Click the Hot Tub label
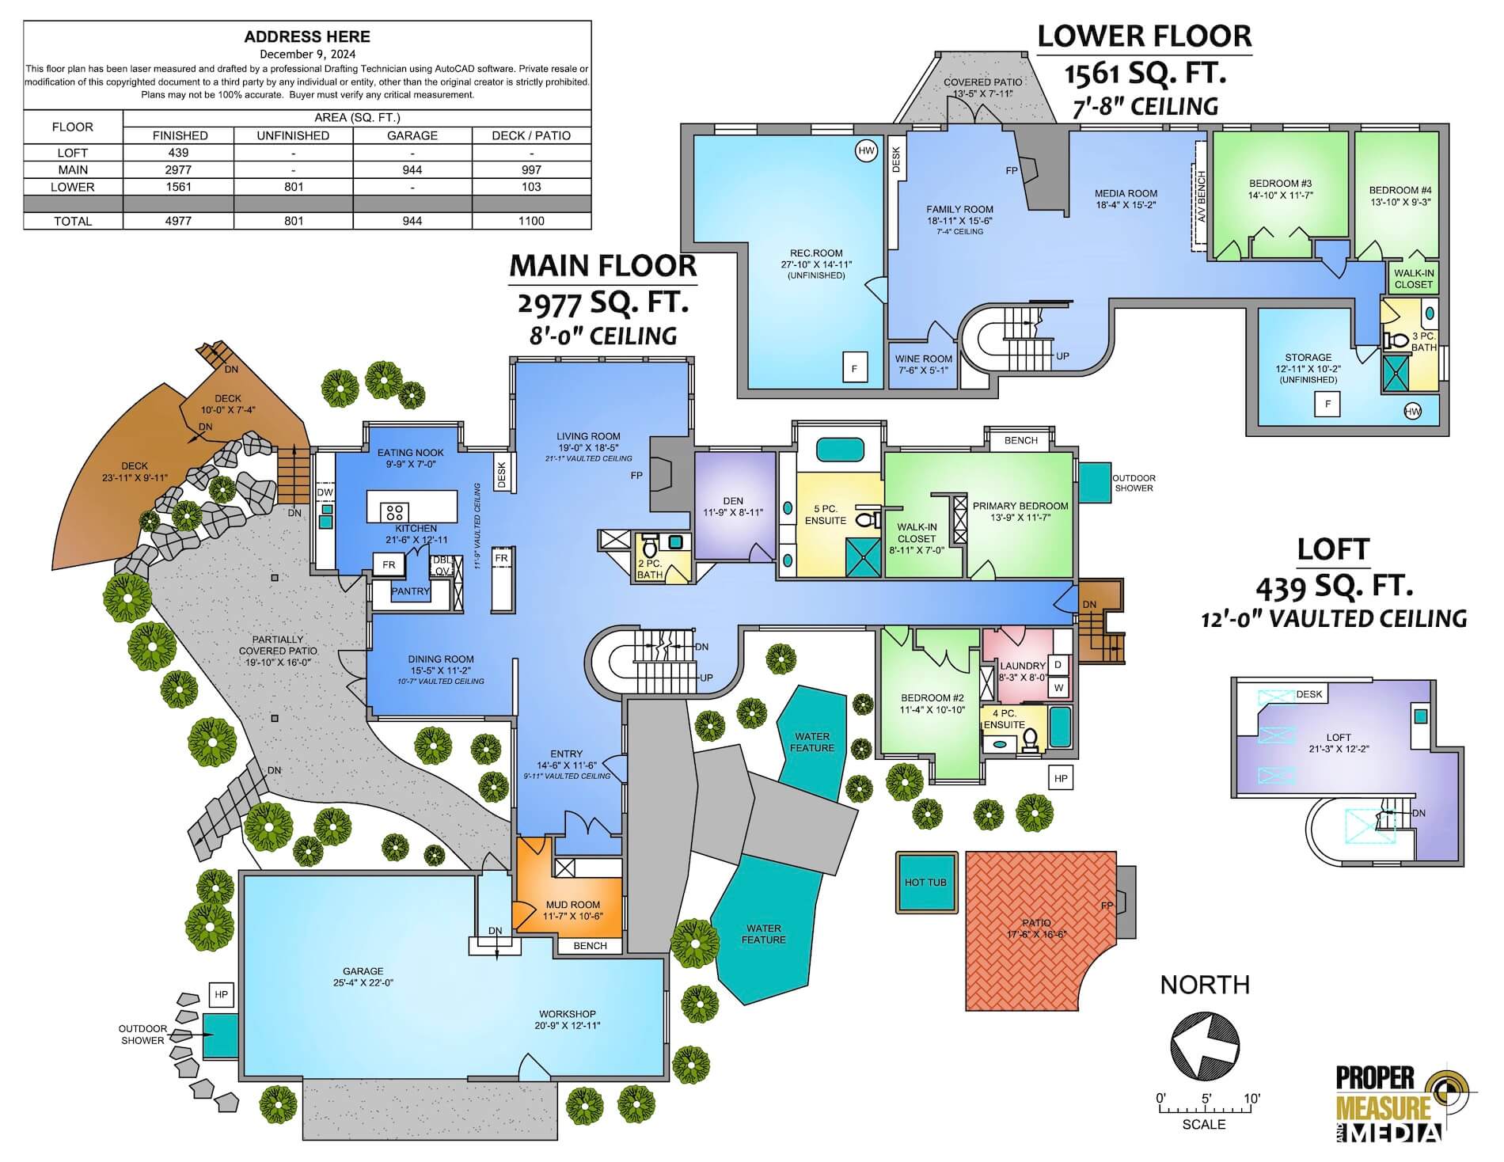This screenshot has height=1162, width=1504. pyautogui.click(x=925, y=882)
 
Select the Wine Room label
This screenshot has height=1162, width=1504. pyautogui.click(x=923, y=359)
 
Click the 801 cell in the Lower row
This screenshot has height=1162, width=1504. pyautogui.click(x=294, y=187)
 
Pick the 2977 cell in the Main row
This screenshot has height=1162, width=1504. pyautogui.click(x=180, y=169)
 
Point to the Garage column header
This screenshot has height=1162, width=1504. pyautogui.click(x=412, y=135)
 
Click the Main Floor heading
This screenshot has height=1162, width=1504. pyautogui.click(x=603, y=265)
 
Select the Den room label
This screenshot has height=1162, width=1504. pyautogui.click(x=733, y=500)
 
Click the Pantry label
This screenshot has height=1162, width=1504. pyautogui.click(x=410, y=591)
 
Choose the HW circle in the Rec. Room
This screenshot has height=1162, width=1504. pyautogui.click(x=866, y=150)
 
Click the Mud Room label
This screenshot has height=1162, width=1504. pyautogui.click(x=573, y=905)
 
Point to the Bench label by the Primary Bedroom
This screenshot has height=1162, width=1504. pyautogui.click(x=1020, y=440)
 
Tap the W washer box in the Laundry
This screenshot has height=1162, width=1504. pyautogui.click(x=1058, y=687)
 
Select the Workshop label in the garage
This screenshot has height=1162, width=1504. pyautogui.click(x=568, y=1014)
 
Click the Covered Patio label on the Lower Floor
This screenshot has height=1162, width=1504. pyautogui.click(x=982, y=82)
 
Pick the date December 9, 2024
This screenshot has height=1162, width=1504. pyautogui.click(x=307, y=54)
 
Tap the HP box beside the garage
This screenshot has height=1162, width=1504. pyautogui.click(x=221, y=995)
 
